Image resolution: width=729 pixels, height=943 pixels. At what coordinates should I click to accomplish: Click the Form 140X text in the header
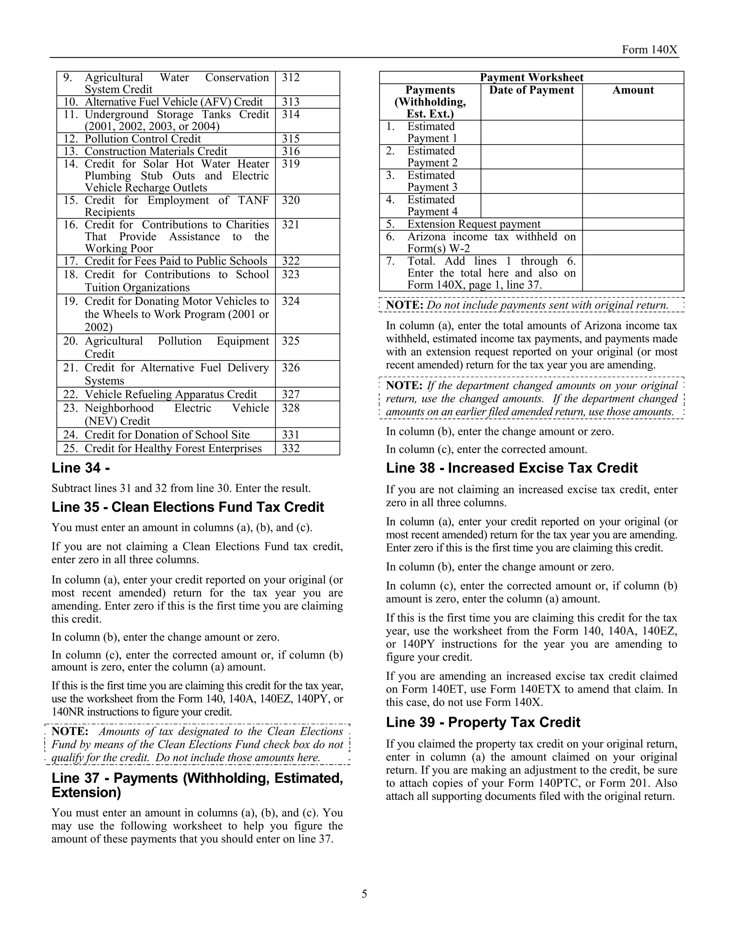click(649, 50)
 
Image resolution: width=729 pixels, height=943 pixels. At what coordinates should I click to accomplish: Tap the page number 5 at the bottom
click(364, 893)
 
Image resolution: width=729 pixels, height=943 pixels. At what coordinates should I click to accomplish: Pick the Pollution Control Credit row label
click(142, 139)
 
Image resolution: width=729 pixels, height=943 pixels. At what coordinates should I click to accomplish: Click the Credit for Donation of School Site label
click(167, 435)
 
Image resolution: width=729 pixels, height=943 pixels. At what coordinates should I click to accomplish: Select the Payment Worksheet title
click(531, 78)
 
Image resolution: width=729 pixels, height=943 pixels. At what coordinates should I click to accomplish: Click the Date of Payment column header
click(531, 90)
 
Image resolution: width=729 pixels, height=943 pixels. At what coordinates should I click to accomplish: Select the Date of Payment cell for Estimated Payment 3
click(531, 181)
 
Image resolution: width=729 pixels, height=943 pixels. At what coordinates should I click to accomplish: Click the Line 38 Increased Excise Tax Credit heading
click(512, 468)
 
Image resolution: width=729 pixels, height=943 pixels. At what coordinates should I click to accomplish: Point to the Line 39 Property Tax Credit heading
click(483, 722)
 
